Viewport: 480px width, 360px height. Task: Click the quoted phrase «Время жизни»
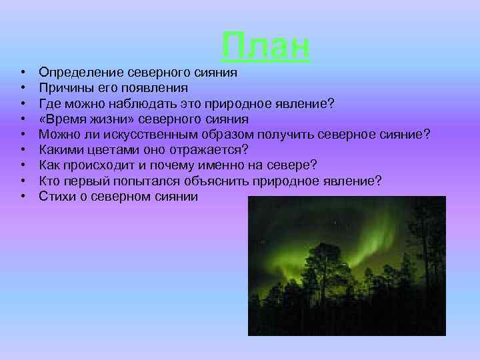click(79, 119)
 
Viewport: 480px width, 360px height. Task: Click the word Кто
click(49, 181)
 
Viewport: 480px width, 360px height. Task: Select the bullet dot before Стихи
click(23, 197)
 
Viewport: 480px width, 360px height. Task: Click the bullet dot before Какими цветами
click(23, 150)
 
